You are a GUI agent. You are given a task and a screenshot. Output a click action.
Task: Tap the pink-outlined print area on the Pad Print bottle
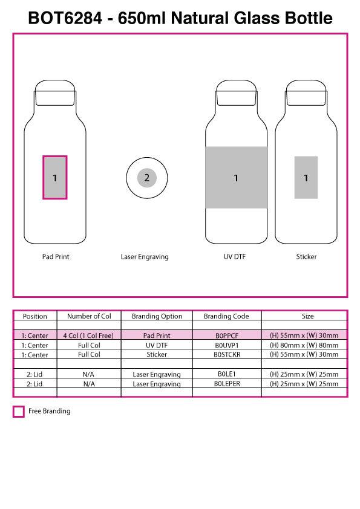click(54, 178)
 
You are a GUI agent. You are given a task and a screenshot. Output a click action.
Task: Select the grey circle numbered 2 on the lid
click(146, 178)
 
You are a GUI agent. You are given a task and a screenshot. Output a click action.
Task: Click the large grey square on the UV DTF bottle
click(236, 178)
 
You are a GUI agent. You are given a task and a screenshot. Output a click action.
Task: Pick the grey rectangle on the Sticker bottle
click(306, 178)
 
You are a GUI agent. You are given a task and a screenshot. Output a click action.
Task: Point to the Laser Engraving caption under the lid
click(145, 257)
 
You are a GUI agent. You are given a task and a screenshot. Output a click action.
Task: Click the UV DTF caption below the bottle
click(235, 257)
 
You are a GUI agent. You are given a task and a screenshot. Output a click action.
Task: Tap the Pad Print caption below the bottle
click(56, 257)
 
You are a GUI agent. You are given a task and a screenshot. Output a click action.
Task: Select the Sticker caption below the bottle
click(306, 257)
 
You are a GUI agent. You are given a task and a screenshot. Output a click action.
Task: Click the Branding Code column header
click(226, 316)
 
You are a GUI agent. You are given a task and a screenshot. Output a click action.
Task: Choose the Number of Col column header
click(89, 316)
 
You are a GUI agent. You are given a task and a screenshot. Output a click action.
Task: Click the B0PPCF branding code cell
click(227, 336)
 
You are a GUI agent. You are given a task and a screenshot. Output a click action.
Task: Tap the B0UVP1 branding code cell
click(227, 345)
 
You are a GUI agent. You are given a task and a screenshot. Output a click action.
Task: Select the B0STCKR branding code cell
click(227, 354)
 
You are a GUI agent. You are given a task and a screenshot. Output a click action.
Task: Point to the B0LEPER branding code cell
click(227, 384)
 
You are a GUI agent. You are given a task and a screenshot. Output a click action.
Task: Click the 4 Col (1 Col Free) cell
click(88, 336)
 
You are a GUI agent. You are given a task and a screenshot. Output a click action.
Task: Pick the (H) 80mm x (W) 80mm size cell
click(304, 345)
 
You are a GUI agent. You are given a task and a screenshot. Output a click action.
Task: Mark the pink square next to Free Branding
click(19, 412)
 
